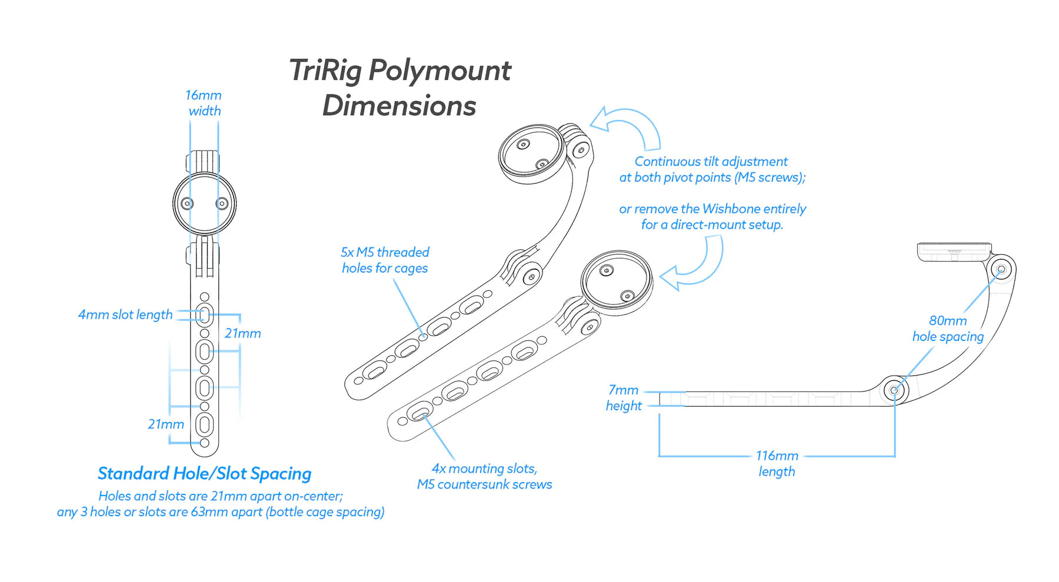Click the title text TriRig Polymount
[x=400, y=71]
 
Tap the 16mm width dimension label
[x=204, y=103]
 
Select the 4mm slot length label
[x=125, y=315]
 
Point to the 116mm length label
[x=777, y=463]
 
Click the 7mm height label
[x=624, y=397]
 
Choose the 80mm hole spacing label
[x=948, y=329]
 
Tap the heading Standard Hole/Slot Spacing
[x=204, y=473]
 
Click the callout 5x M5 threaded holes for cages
[x=385, y=260]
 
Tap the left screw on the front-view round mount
[x=187, y=204]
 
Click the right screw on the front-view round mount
[x=222, y=203]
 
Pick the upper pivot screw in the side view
[x=1001, y=269]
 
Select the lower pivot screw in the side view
[x=894, y=390]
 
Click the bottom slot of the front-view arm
[x=204, y=424]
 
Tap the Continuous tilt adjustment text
[x=711, y=162]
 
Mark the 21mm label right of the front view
[x=242, y=333]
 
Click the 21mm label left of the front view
[x=166, y=424]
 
